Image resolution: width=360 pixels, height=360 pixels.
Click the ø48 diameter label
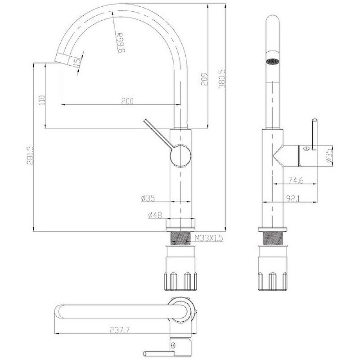pyautogui.click(x=155, y=216)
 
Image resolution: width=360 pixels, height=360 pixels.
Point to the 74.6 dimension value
pyautogui.click(x=295, y=180)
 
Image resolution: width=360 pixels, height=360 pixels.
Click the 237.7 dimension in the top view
pyautogui.click(x=119, y=330)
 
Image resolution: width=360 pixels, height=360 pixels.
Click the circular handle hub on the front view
pyautogui.click(x=180, y=156)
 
